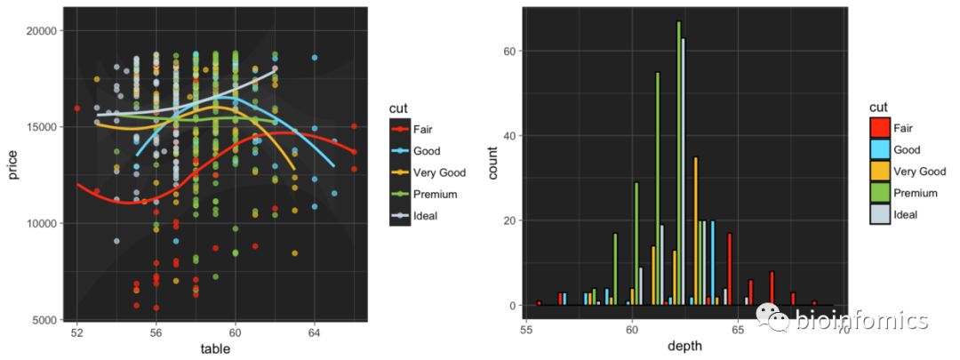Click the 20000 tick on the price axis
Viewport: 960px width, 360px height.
tap(42, 31)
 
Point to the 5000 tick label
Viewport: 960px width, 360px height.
tap(44, 319)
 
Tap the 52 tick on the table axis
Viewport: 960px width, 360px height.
tap(77, 332)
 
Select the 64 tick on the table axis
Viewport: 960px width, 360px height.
tap(314, 332)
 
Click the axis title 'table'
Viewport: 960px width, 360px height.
tap(215, 349)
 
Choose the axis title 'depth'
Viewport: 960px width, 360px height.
tap(684, 346)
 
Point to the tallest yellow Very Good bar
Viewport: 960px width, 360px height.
tap(696, 231)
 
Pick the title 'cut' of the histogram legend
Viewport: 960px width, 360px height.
tap(879, 108)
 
